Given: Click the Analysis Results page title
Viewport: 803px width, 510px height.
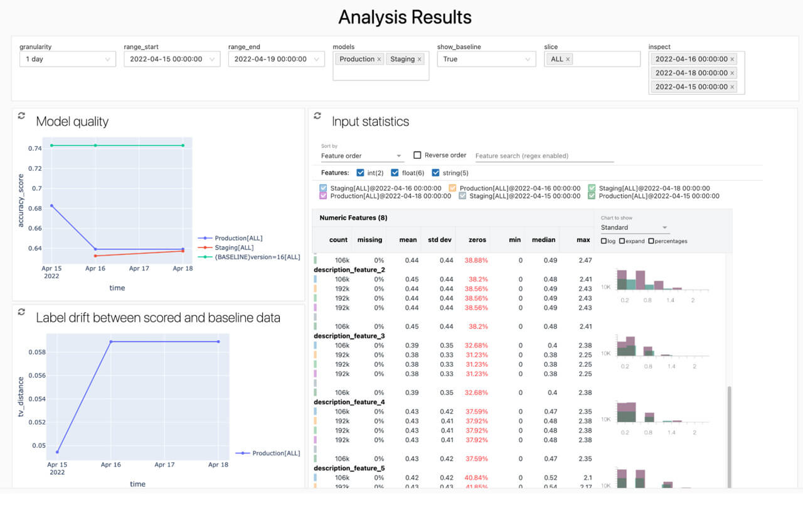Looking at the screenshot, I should (405, 17).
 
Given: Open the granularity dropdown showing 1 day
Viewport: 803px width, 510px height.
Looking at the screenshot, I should (67, 59).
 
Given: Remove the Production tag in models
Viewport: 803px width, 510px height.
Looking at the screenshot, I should (379, 59).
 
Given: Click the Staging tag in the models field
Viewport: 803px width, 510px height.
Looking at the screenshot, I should (402, 59).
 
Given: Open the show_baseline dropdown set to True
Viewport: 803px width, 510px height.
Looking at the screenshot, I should (486, 59).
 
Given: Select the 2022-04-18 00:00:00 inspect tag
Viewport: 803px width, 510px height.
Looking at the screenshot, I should (691, 73).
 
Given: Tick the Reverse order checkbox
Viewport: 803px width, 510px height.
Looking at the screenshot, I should (417, 155).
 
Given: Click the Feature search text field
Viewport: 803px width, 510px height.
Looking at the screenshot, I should (544, 156).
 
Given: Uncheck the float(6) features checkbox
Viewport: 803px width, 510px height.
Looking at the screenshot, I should (395, 173).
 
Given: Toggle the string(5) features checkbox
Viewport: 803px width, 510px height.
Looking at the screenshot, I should (436, 173).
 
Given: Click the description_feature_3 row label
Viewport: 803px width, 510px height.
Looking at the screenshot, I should (349, 336).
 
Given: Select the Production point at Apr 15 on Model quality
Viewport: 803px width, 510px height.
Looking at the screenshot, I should (51, 205).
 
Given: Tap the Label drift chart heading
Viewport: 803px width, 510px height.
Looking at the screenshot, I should (157, 318).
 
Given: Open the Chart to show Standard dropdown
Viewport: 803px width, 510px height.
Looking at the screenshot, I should (634, 227).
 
